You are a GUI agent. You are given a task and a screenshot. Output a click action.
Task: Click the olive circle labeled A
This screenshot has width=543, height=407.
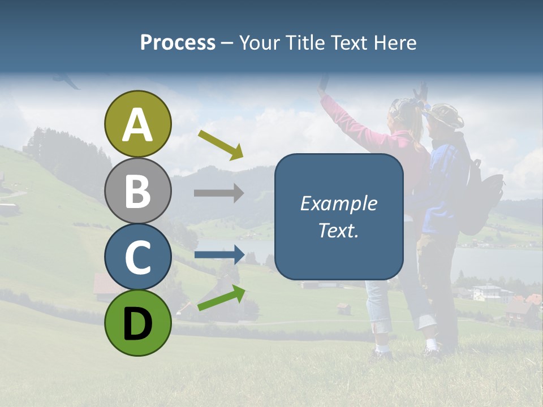tap(138, 124)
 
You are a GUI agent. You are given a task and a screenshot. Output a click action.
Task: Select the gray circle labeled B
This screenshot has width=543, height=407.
tap(138, 190)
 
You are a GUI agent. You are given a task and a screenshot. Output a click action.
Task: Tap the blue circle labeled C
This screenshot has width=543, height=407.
tap(138, 257)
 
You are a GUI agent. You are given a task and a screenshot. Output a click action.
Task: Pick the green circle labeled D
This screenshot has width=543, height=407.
tap(138, 323)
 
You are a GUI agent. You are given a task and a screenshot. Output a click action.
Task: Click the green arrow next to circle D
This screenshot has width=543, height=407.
tap(221, 298)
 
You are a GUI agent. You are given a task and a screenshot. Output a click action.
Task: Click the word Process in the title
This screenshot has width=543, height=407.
tap(178, 42)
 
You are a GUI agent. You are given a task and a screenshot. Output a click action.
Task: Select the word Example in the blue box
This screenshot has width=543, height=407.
tap(339, 203)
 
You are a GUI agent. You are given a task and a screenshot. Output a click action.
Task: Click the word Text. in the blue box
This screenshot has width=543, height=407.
tap(339, 230)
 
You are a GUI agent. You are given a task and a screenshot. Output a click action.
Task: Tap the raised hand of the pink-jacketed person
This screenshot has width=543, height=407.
tap(323, 85)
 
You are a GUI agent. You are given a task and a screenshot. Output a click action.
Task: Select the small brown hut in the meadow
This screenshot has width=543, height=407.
tap(343, 308)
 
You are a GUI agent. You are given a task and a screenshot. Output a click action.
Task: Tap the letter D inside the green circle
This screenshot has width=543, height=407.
tap(138, 324)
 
